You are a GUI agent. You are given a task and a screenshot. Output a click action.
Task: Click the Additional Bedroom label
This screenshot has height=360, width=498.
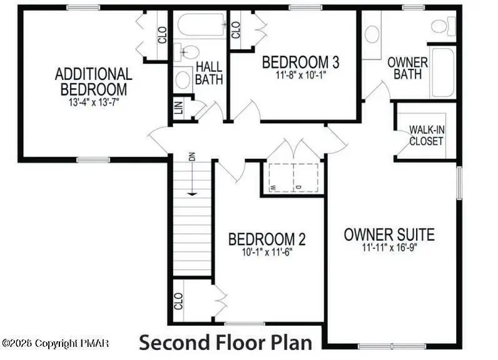point(93,81)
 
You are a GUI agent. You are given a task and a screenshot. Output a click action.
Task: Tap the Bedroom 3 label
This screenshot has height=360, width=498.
point(300,62)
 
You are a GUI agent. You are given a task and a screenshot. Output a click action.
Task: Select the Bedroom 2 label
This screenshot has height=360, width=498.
point(267,239)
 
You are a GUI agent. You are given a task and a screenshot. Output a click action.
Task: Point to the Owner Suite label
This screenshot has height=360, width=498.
point(389,235)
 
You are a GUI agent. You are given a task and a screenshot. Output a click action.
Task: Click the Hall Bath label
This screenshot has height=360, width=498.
point(208,73)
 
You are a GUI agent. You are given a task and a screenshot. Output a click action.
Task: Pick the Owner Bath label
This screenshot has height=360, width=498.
point(407,68)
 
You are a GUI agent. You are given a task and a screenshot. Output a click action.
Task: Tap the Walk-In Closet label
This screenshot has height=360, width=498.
point(426,135)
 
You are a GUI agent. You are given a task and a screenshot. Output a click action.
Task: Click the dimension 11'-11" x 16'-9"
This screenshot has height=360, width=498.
point(389,247)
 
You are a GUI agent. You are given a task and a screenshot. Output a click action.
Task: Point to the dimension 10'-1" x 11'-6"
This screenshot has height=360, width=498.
point(267,252)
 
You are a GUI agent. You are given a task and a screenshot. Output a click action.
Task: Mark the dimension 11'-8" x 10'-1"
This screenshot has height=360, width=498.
point(301,75)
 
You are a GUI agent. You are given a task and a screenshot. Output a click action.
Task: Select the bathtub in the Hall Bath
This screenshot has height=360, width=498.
point(201,26)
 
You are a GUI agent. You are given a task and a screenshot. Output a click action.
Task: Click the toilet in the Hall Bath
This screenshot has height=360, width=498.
point(187,51)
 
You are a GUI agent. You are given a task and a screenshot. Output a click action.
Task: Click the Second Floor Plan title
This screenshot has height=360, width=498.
point(225,342)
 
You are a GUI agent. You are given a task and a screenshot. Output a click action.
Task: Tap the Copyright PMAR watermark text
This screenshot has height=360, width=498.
point(56,343)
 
